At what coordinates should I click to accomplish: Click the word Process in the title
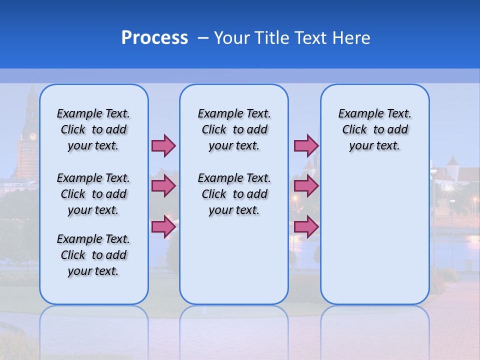tap(154, 38)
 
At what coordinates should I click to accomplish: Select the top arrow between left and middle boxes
tap(163, 145)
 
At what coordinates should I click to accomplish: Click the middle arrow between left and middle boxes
tap(163, 186)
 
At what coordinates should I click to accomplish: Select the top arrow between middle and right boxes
tap(306, 145)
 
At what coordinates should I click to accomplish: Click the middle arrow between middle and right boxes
tap(306, 186)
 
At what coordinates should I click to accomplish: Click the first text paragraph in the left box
tap(93, 129)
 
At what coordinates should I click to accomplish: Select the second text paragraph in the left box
tap(93, 194)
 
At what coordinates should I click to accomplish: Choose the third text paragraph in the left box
tap(93, 255)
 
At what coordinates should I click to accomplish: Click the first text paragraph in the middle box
tap(234, 129)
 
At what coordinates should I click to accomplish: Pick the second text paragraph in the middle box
tap(234, 194)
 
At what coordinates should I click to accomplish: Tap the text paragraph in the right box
tap(374, 129)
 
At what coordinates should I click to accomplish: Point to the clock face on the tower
tap(33, 136)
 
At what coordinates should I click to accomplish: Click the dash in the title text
tap(203, 38)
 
